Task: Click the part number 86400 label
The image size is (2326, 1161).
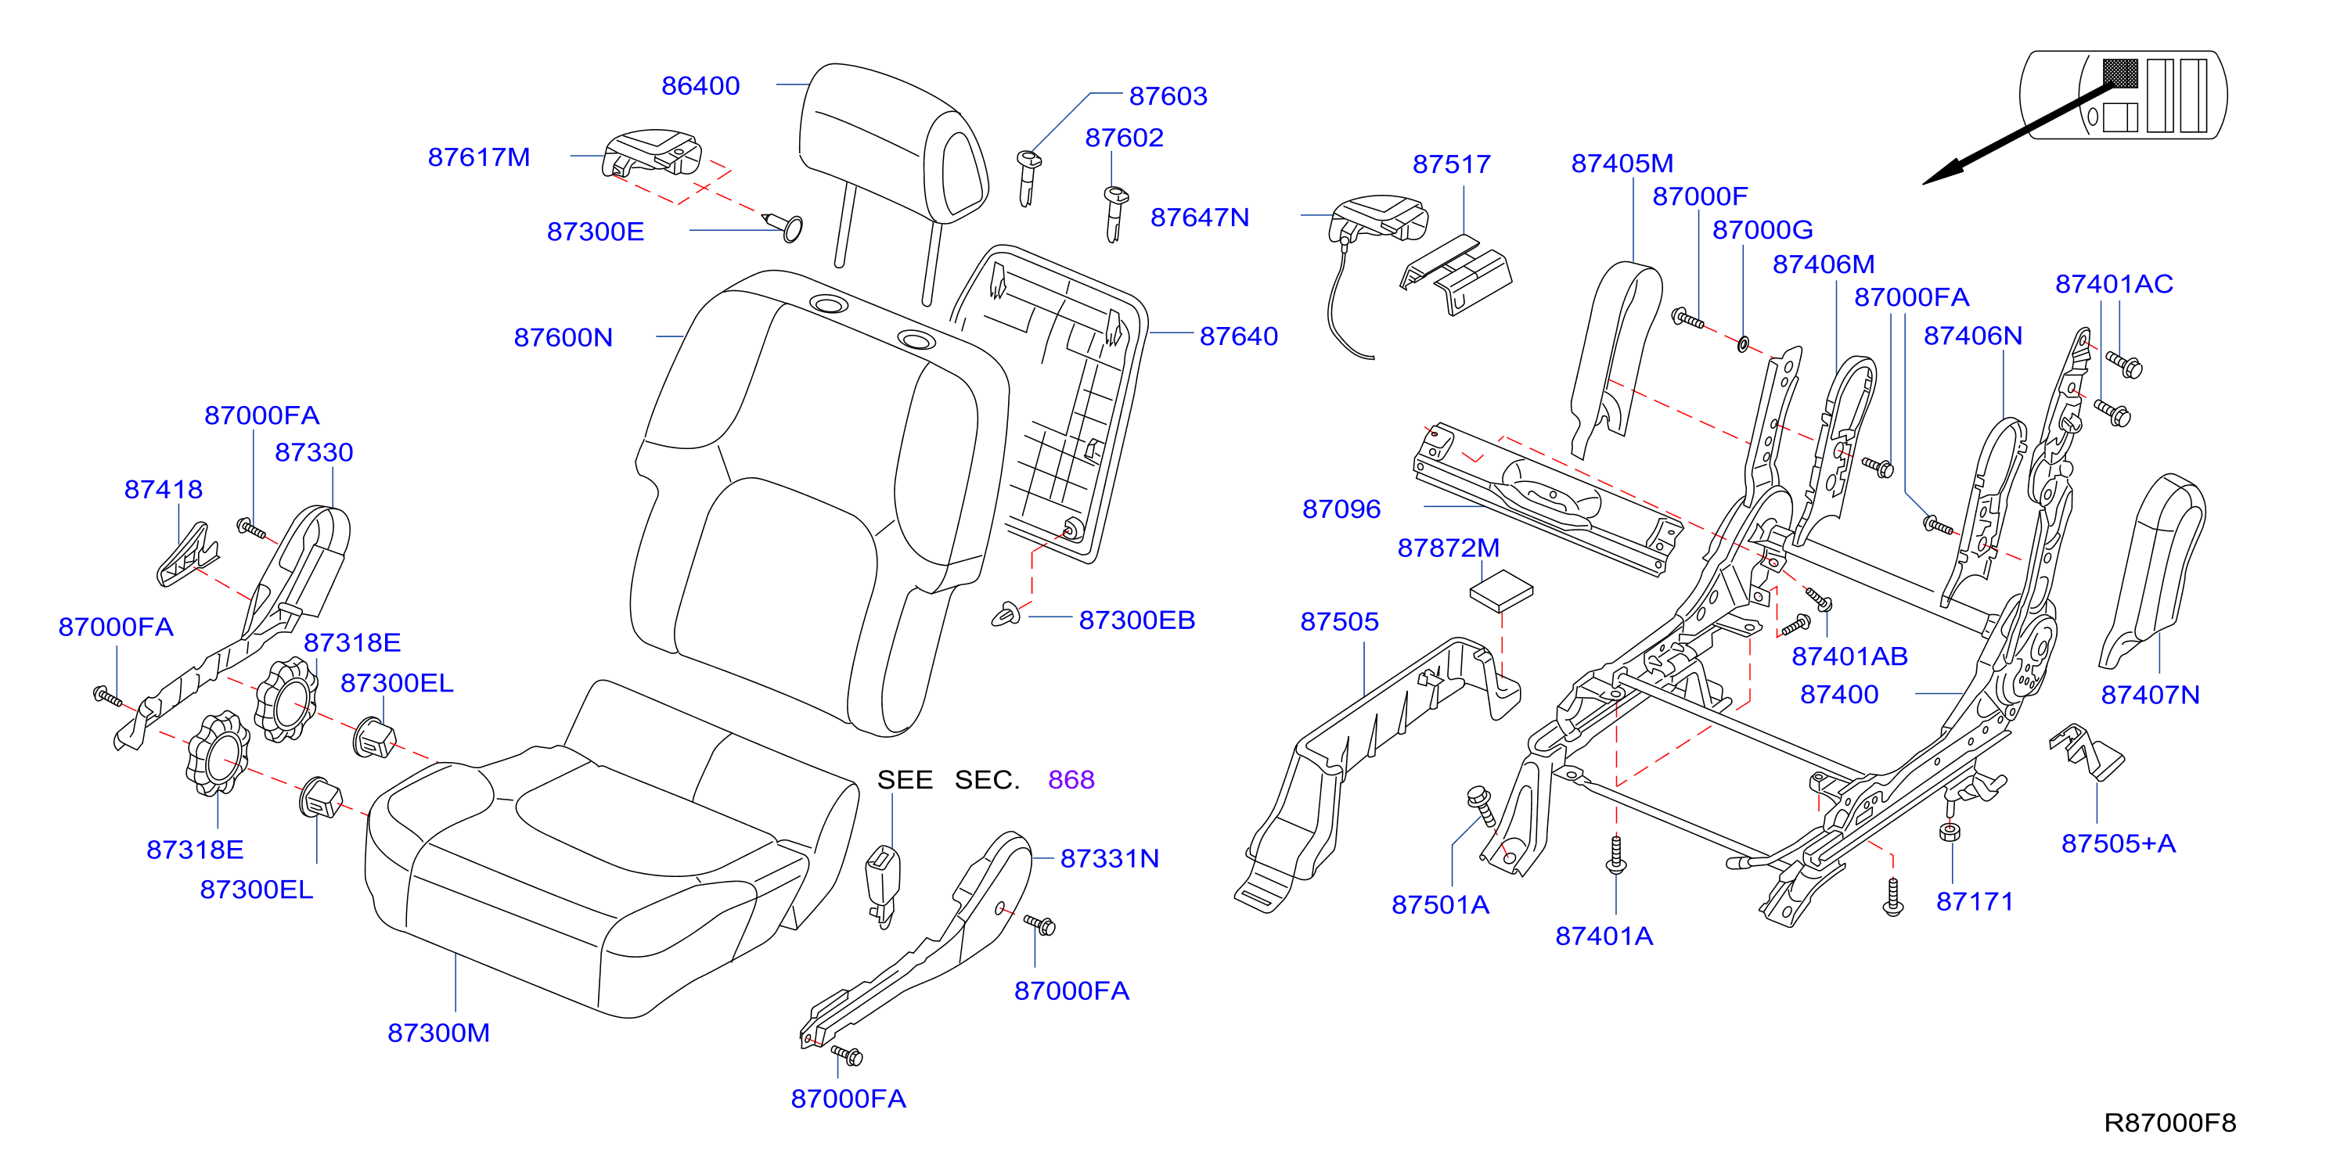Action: coord(700,86)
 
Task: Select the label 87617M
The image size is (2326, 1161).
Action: coord(478,157)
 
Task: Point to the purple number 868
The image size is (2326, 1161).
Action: coord(1071,779)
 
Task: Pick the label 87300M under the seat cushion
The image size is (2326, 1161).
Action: coord(439,1032)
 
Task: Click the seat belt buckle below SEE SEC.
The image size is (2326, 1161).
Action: coord(883,886)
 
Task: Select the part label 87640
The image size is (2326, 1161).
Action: coord(1239,336)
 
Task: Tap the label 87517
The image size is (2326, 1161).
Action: coord(1452,164)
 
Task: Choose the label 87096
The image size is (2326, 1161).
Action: coord(1341,509)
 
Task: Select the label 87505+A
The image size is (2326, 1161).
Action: coord(2119,843)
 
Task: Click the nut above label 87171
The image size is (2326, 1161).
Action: coord(1950,832)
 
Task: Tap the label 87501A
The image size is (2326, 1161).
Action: coord(1440,904)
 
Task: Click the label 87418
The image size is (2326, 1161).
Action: coord(164,489)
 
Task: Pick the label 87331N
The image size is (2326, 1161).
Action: coord(1110,858)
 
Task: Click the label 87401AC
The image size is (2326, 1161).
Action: coord(2114,283)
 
